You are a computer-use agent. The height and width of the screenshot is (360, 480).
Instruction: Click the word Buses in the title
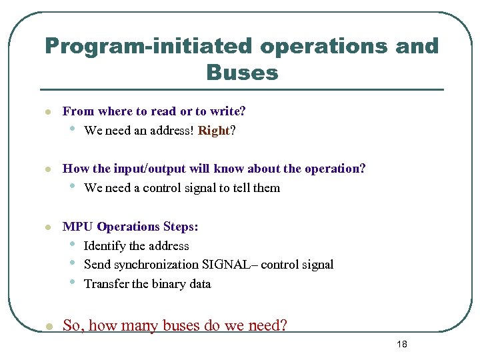click(242, 72)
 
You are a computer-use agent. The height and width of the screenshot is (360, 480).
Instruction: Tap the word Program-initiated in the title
click(149, 46)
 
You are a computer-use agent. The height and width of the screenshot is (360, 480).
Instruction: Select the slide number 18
click(401, 344)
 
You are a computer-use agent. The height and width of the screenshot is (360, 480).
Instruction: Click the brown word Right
click(213, 131)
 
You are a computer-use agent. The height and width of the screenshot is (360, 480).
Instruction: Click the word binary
click(170, 284)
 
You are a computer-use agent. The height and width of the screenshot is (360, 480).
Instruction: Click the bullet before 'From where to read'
click(47, 112)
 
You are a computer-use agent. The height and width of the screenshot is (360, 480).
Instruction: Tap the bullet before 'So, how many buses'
click(47, 326)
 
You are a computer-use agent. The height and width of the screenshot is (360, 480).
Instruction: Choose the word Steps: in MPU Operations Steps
click(179, 227)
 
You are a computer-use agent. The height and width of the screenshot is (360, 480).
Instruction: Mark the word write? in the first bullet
click(228, 111)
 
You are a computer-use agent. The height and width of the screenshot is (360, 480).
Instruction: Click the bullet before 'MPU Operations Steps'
click(47, 227)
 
